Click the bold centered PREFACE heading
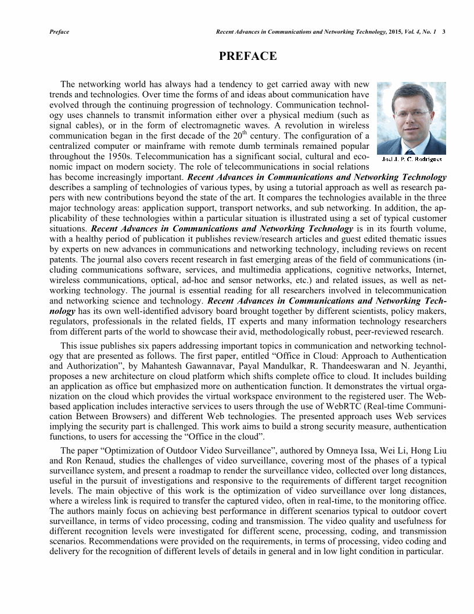tap(247, 56)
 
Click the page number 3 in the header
tap(444, 31)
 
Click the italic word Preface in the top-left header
tap(59, 31)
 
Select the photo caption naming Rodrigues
tap(412, 159)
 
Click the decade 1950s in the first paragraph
tap(124, 156)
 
